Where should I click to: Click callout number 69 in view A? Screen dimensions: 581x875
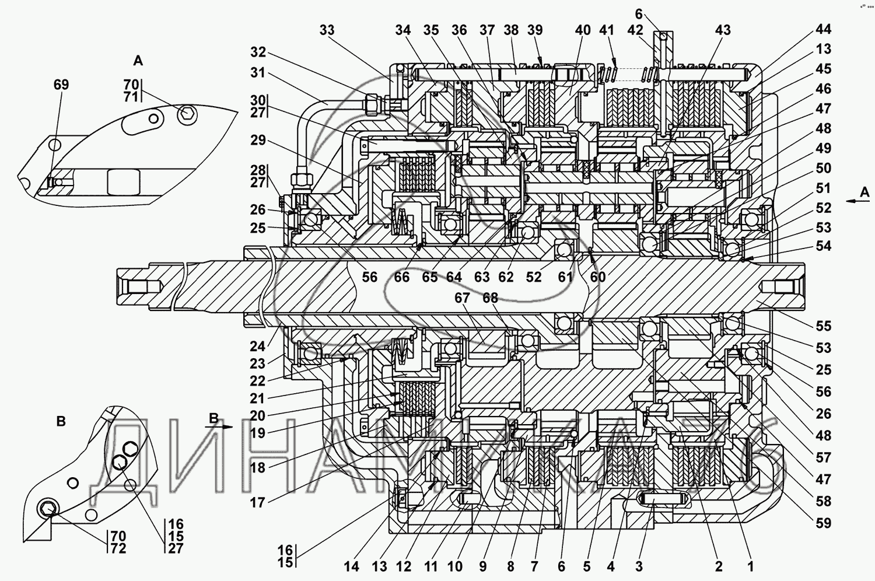click(x=61, y=85)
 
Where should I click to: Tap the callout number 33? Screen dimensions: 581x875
click(x=327, y=30)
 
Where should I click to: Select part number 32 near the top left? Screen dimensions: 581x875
click(x=258, y=52)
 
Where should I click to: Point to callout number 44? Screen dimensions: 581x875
click(x=823, y=29)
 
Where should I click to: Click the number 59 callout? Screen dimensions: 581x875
click(x=823, y=523)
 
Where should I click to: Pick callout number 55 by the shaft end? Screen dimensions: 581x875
click(x=823, y=326)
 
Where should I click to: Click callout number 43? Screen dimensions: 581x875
click(x=723, y=30)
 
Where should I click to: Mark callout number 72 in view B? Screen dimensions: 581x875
click(x=118, y=548)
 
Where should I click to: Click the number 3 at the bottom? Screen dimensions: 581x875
click(x=639, y=566)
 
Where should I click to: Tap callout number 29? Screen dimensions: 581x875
click(x=258, y=141)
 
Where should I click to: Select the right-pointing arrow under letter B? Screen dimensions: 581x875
click(x=221, y=427)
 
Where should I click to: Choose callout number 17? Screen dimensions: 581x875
click(x=257, y=503)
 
